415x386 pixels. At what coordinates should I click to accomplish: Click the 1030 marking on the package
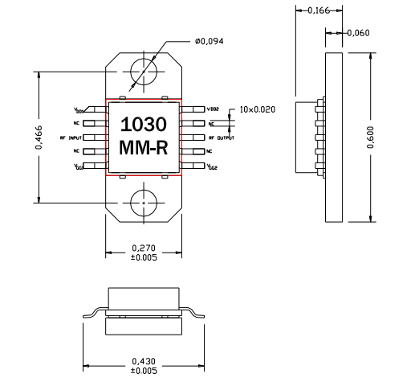click(144, 125)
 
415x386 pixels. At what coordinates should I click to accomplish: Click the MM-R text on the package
click(144, 149)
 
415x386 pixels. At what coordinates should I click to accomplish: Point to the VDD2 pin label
click(213, 109)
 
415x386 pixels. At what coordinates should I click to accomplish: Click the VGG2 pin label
click(213, 166)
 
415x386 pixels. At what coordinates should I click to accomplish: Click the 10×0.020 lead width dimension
click(258, 109)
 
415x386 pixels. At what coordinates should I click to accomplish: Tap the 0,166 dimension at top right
click(319, 10)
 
